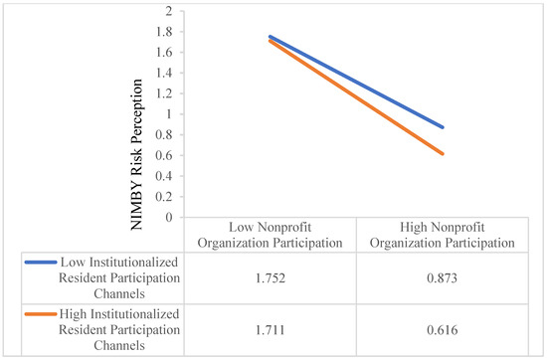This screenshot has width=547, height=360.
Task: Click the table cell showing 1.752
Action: click(270, 278)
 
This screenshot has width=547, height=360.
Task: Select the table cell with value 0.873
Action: click(442, 278)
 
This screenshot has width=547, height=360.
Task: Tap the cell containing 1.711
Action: click(270, 330)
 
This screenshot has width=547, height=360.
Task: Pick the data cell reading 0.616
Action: click(442, 330)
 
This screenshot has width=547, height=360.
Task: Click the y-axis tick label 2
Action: click(169, 11)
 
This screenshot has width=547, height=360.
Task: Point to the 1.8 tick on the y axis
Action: click(164, 32)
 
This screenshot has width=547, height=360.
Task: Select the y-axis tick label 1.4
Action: click(164, 73)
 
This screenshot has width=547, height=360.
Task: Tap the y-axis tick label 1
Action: click(169, 114)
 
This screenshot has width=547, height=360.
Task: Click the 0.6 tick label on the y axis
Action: click(164, 155)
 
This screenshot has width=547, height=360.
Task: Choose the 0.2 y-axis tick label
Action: click(164, 196)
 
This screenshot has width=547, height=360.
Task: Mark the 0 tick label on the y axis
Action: click(169, 217)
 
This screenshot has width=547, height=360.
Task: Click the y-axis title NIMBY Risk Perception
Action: click(136, 154)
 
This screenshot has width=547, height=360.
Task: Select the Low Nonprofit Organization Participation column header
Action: click(270, 235)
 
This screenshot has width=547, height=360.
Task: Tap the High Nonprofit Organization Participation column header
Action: click(442, 235)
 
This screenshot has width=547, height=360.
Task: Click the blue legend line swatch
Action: click(41, 263)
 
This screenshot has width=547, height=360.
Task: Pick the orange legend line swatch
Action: click(41, 314)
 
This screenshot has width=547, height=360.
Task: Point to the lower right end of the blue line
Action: click(443, 127)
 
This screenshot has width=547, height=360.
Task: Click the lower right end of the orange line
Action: click(443, 153)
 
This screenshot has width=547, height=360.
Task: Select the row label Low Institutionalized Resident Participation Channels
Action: click(119, 278)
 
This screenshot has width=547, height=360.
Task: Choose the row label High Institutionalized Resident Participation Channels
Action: click(119, 329)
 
